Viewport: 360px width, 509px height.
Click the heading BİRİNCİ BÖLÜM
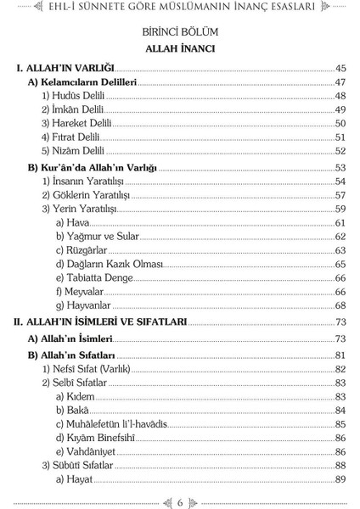[179, 32]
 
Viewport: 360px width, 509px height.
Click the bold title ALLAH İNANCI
[179, 49]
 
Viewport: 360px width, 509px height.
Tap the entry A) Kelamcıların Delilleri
[83, 82]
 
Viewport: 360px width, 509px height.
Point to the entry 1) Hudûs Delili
[74, 97]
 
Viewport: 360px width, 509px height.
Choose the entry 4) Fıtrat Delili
[73, 137]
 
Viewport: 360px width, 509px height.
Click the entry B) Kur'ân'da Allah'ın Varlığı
[93, 167]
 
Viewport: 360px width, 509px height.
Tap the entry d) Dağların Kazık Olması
[104, 264]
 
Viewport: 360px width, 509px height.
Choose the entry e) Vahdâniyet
[87, 451]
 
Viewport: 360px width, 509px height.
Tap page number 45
[340, 68]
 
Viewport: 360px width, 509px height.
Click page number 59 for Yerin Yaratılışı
[340, 208]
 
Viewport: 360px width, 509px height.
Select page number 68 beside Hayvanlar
[340, 305]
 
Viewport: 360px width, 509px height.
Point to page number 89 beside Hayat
[340, 480]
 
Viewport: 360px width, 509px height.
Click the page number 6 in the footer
[180, 501]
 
